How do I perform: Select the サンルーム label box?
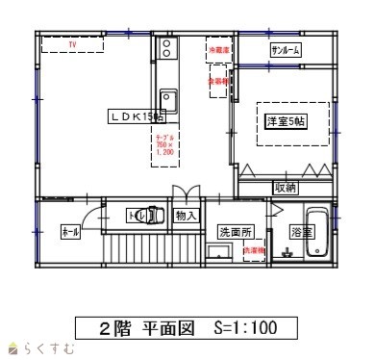coord(287,49)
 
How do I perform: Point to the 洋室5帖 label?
coord(286,121)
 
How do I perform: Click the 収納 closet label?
coord(286,188)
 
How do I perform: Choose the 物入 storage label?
coord(186,217)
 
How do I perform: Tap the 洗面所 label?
coord(235,232)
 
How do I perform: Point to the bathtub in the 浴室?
coord(317,234)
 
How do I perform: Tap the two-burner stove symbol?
coord(167,48)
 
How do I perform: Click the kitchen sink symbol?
coord(167,99)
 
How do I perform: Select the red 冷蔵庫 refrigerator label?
coord(218,47)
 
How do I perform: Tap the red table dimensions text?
coord(164,145)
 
